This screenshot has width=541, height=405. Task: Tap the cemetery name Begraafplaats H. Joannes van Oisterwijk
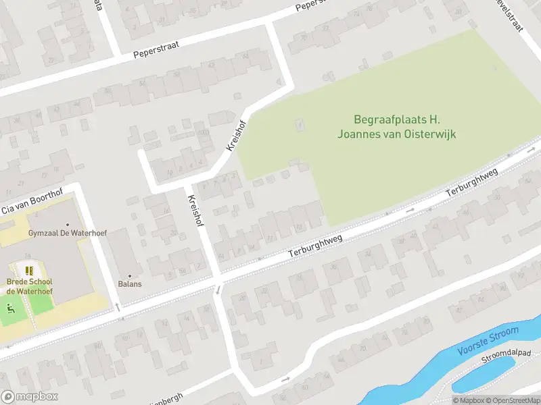click(396, 127)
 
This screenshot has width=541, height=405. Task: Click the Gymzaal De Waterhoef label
click(67, 234)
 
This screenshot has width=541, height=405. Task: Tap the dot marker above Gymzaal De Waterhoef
click(67, 224)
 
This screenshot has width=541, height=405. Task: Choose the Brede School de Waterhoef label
click(30, 286)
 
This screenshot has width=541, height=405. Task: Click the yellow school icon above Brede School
click(29, 270)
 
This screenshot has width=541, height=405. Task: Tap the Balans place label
click(130, 283)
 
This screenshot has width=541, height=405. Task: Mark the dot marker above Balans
click(130, 275)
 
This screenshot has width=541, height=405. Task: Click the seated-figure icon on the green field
click(9, 309)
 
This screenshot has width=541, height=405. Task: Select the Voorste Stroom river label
click(488, 341)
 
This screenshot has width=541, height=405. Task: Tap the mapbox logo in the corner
click(30, 397)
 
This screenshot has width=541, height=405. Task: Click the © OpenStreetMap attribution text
click(511, 400)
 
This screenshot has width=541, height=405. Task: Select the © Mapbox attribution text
click(468, 400)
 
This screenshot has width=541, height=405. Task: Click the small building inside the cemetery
click(300, 125)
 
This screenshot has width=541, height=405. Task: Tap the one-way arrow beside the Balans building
click(118, 307)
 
